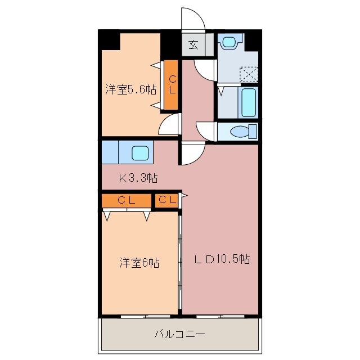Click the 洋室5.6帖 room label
tap(130, 89)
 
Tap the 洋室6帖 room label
tap(139, 263)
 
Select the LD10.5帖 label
tap(222, 259)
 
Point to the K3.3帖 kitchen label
tap(137, 179)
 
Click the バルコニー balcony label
tap(180, 335)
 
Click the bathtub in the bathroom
tap(247, 102)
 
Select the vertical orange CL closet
tap(171, 84)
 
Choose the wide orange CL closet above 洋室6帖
tap(127, 200)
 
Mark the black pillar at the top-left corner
tap(110, 40)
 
